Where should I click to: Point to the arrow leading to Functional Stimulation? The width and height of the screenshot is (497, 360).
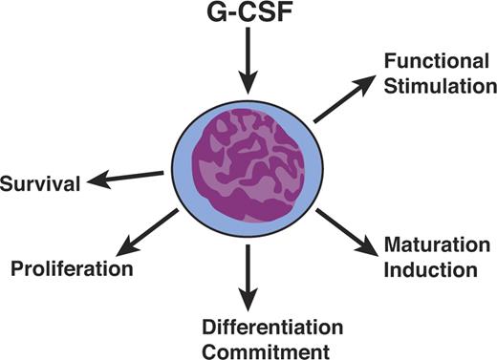(x=344, y=99)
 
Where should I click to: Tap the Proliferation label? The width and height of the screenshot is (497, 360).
(x=72, y=268)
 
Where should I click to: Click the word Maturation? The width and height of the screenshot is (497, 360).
(x=430, y=248)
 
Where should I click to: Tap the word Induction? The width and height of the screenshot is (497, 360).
(x=430, y=269)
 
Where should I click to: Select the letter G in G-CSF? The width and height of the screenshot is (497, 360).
(x=216, y=15)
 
